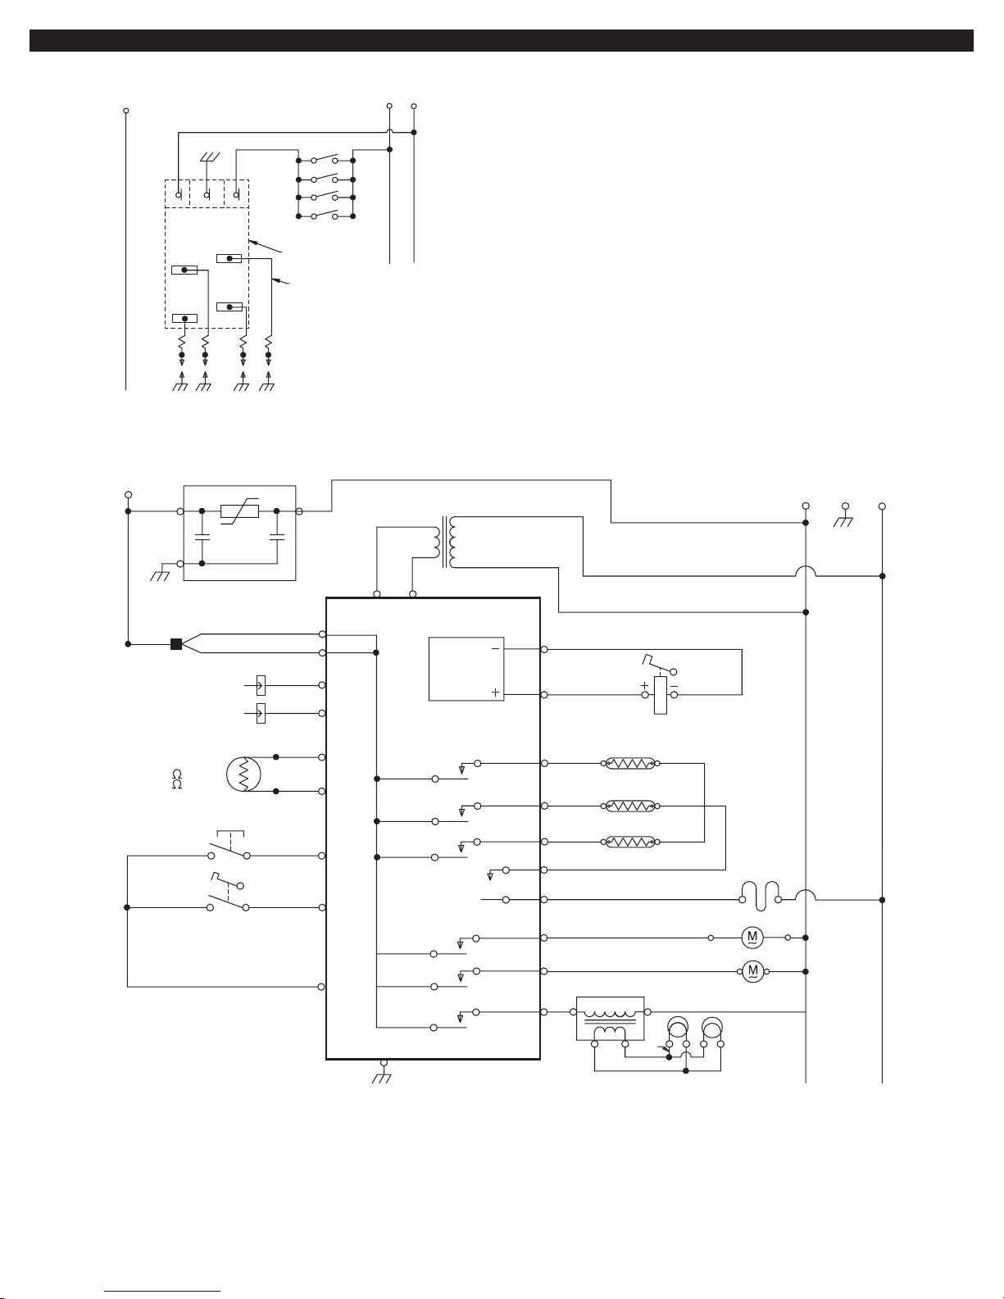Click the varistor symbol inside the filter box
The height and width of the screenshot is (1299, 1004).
(239, 511)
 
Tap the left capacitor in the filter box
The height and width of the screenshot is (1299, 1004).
(202, 536)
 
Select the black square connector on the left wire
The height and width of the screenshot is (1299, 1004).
(176, 644)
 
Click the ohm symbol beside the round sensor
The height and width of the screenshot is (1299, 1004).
(177, 779)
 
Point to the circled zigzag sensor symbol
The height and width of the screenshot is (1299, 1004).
(244, 774)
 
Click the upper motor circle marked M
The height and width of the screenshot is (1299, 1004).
(752, 938)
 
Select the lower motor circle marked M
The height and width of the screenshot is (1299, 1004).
(753, 971)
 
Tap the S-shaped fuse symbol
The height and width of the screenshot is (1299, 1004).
(761, 896)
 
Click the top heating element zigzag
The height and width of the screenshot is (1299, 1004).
(630, 763)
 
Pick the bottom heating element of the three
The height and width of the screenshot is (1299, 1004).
(630, 842)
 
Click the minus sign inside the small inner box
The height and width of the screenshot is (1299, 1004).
(495, 649)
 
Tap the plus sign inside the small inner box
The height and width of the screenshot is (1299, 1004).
(495, 693)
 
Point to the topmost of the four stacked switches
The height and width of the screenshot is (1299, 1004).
(325, 158)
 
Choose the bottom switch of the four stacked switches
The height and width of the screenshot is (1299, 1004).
(325, 214)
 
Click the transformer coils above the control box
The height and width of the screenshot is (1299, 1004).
(445, 542)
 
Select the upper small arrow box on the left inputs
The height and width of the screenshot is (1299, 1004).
(261, 685)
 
